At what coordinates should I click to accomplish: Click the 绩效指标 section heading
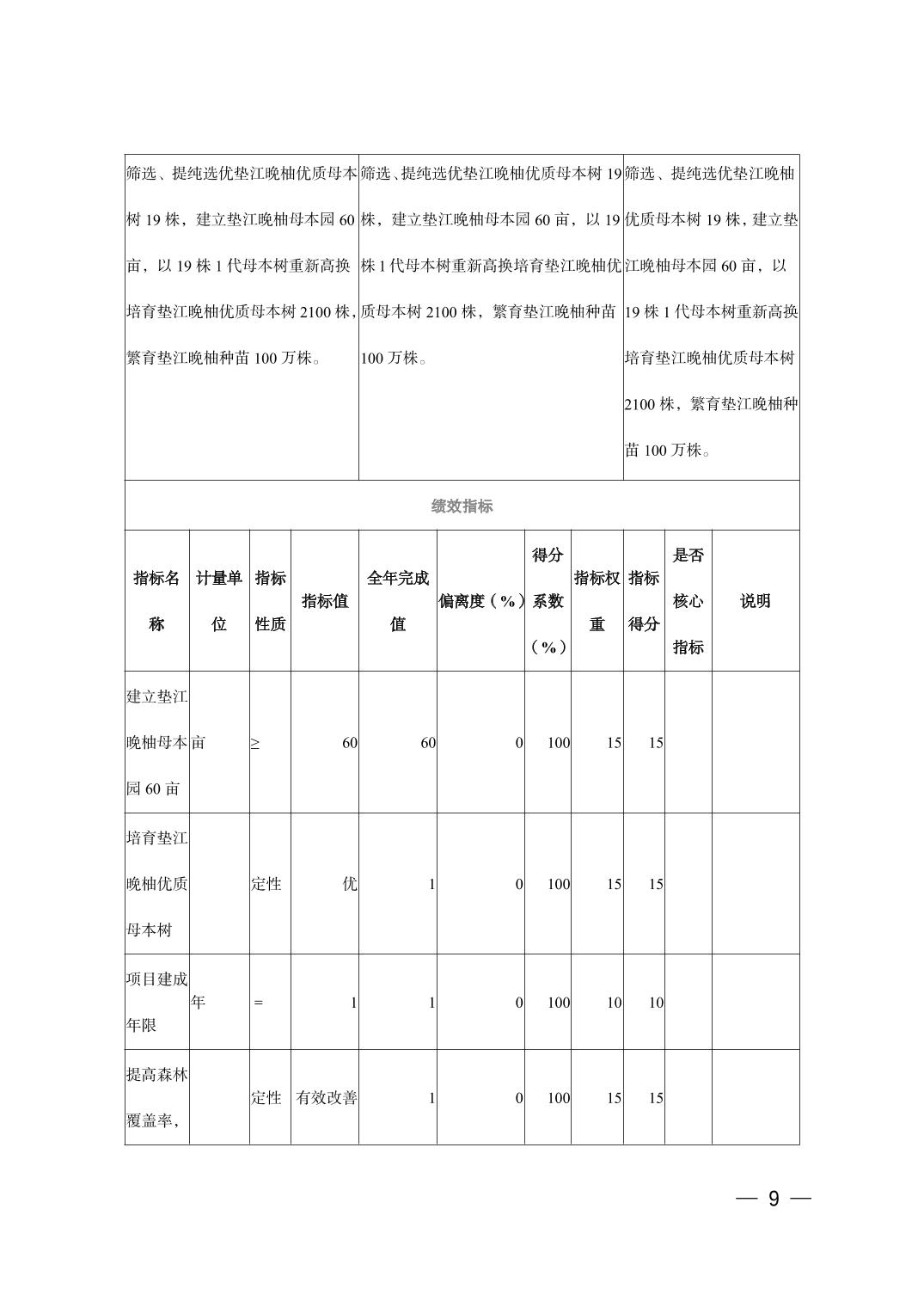[x=462, y=506]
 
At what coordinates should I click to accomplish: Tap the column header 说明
[x=755, y=601]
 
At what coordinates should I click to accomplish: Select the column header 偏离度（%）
[x=480, y=601]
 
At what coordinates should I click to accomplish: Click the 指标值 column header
[x=325, y=601]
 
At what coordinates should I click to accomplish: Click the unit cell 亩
[x=199, y=742]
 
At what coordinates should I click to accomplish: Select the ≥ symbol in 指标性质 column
[x=255, y=743]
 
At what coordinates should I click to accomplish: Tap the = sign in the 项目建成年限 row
[x=258, y=1003]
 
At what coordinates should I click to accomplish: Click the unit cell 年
[x=199, y=1002]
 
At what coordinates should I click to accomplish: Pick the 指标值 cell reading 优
[x=349, y=884]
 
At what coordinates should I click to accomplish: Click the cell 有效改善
[x=326, y=1098]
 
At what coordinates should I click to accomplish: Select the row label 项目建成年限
[x=156, y=1003]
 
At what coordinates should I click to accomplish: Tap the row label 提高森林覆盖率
[x=156, y=1098]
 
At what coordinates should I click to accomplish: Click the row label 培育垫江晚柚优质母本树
[x=156, y=884]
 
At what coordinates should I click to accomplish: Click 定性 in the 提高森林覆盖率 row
[x=266, y=1098]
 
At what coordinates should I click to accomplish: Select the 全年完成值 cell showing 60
[x=427, y=743]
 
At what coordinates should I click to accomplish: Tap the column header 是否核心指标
[x=688, y=601]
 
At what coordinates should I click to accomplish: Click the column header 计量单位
[x=219, y=601]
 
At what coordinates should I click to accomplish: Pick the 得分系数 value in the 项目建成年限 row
[x=558, y=1003]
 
